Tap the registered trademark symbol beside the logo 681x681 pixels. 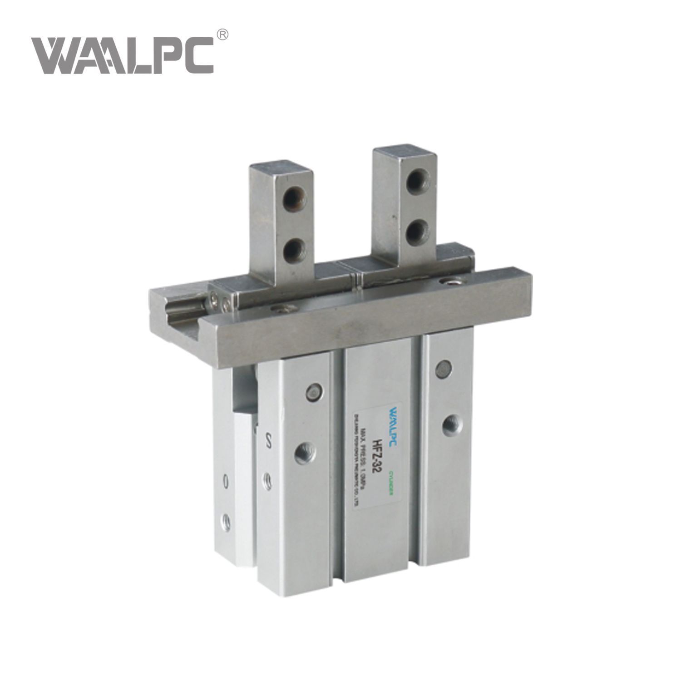pyautogui.click(x=223, y=34)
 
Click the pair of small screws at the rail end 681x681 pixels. pyautogui.click(x=216, y=301)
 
